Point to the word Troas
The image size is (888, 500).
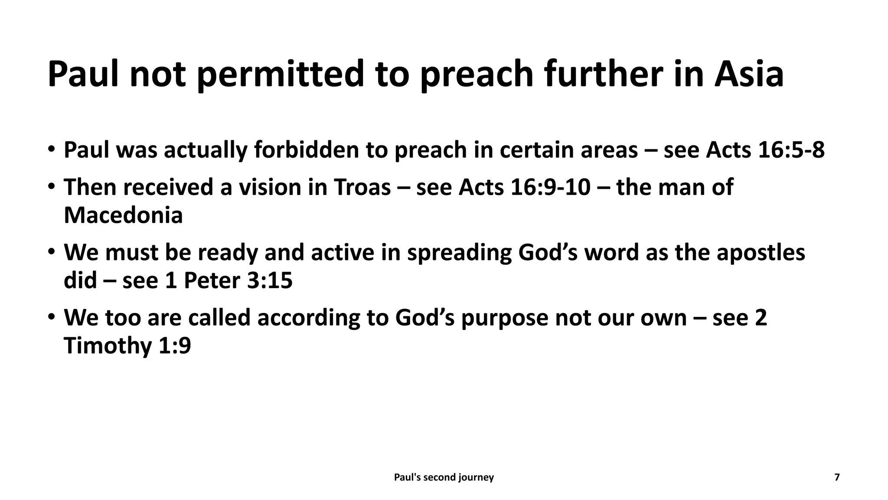tap(362, 187)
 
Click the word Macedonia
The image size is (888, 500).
tap(123, 215)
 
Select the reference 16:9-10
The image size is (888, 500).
tap(550, 187)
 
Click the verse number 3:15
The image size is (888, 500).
tap(270, 281)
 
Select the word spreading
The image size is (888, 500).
tap(459, 253)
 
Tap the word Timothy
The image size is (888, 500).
tap(108, 346)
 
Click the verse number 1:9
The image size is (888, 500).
tap(175, 346)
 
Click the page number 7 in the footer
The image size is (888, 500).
tap(837, 477)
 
